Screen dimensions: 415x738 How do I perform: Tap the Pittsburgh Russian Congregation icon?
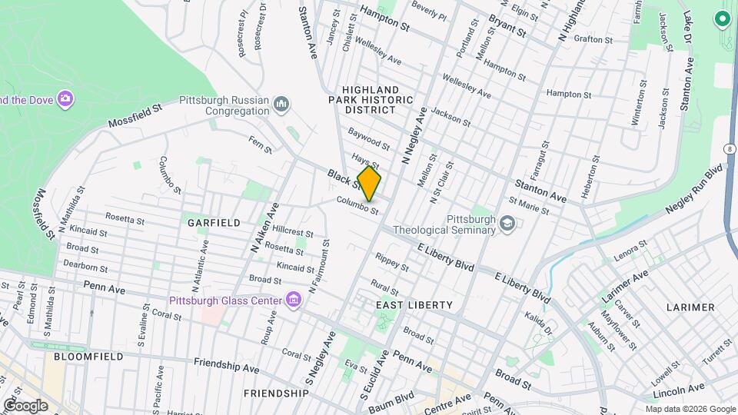(281, 104)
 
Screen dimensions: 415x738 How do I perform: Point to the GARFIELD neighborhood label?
(214, 223)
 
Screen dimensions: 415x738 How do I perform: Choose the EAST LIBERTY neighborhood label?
(414, 305)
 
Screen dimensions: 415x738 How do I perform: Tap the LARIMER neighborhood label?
(690, 307)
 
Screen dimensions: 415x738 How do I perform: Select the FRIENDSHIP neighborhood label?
(276, 393)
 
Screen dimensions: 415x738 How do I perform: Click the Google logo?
(25, 406)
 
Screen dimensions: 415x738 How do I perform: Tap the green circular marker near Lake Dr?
(722, 18)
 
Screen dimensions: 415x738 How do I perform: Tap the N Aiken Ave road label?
(263, 229)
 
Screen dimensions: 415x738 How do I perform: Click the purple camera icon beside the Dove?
(66, 98)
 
